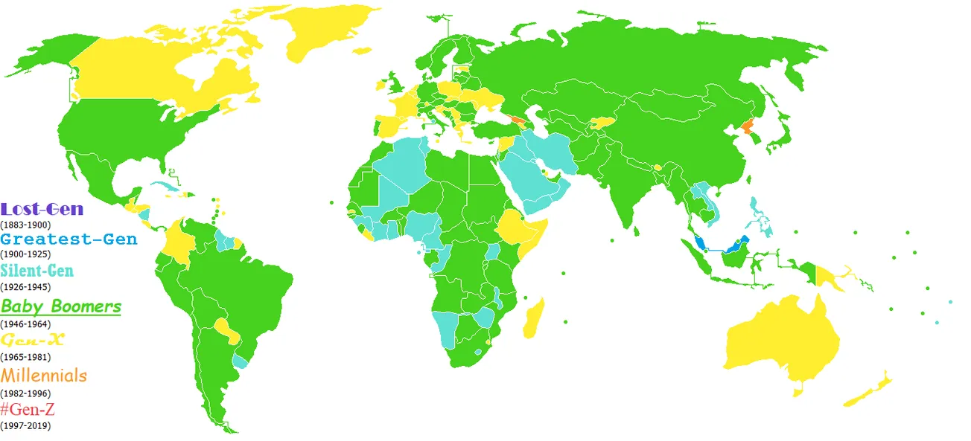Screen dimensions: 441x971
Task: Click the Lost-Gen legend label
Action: click(x=42, y=210)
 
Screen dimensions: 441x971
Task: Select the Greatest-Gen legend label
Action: click(x=69, y=239)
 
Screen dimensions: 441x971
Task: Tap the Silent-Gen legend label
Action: click(x=37, y=271)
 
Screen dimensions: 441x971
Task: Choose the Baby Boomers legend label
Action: click(x=61, y=306)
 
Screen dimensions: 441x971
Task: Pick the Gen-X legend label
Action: click(x=33, y=341)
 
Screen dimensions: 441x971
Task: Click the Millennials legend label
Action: click(x=44, y=376)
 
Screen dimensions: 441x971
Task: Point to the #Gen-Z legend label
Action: click(x=28, y=409)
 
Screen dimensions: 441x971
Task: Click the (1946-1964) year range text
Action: click(x=25, y=324)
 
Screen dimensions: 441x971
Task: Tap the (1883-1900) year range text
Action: click(x=25, y=224)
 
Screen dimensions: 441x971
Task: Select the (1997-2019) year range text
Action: click(x=25, y=425)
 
